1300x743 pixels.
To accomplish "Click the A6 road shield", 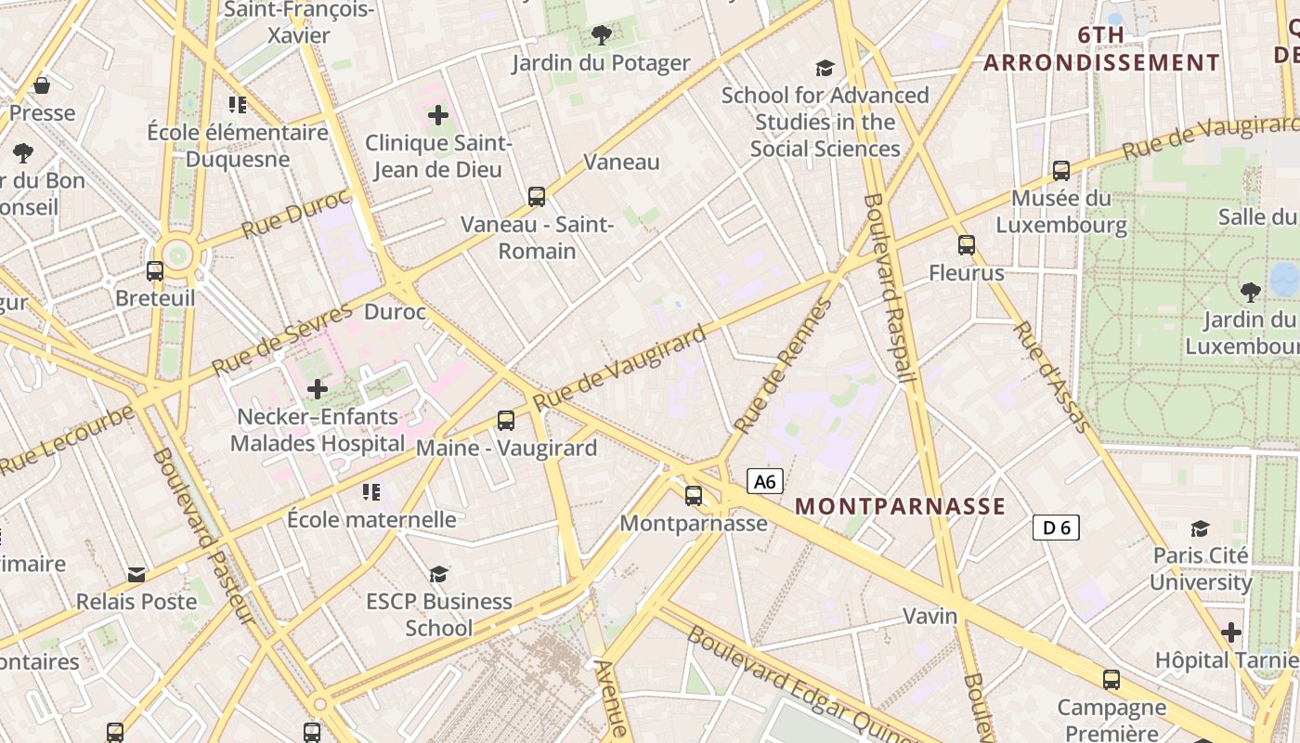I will (x=764, y=481).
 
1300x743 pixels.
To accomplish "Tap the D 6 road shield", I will (x=1056, y=528).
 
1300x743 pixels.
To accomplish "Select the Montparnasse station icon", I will (x=694, y=495).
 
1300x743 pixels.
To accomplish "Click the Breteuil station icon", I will (x=155, y=270).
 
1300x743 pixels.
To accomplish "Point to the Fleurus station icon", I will (x=967, y=245).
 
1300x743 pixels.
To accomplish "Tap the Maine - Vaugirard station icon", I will (x=506, y=420).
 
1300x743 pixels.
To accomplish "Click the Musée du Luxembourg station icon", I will (x=1061, y=170).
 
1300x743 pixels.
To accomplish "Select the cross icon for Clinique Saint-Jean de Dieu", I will (x=438, y=116).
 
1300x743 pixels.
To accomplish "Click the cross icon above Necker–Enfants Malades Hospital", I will (x=318, y=389).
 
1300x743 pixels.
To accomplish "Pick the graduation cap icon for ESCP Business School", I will (x=438, y=574).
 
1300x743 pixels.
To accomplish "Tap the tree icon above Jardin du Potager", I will (x=602, y=35).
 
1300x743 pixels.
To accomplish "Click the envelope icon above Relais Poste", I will (x=136, y=574).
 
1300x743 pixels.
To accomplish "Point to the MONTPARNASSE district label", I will (x=900, y=506).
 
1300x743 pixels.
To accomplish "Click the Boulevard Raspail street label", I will (x=890, y=288).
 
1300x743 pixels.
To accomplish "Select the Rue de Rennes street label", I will (x=784, y=366).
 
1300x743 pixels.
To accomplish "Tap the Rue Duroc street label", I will (x=295, y=215).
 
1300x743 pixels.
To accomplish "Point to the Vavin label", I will (x=930, y=616).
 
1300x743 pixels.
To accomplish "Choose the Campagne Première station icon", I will (x=1111, y=679).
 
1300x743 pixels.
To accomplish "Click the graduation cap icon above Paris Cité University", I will (x=1201, y=528).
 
